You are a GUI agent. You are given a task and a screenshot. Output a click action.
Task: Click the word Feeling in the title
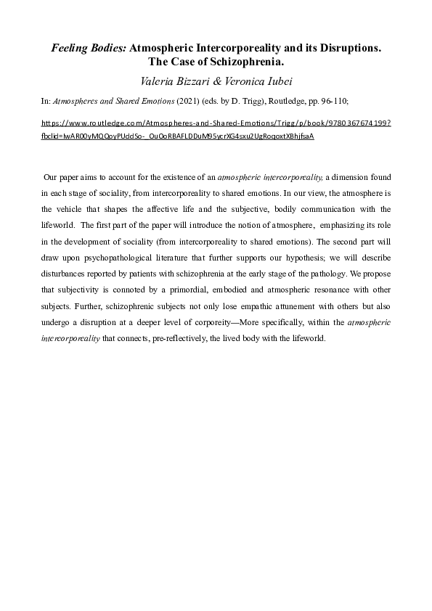pos(69,47)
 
